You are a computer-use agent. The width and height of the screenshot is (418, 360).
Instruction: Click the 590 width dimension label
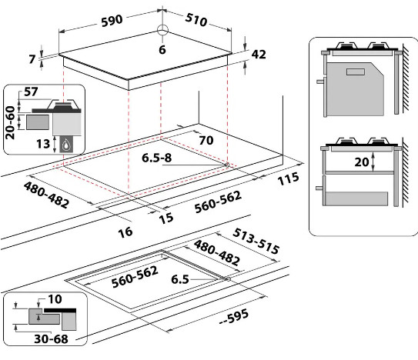tap(112, 21)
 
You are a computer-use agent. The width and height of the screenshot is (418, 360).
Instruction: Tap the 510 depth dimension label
tap(196, 19)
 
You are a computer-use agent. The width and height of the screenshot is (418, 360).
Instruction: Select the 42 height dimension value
tap(259, 55)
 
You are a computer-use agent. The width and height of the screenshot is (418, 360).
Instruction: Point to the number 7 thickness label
tap(32, 59)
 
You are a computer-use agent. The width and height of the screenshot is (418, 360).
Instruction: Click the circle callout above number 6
tap(162, 30)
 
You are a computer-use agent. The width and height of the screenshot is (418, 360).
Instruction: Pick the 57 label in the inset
tap(31, 92)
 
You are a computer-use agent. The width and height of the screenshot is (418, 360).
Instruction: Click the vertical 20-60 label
tap(10, 122)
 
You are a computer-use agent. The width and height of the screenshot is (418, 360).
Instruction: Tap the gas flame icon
tap(66, 145)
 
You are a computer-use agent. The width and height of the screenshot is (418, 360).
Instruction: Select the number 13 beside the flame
tap(43, 144)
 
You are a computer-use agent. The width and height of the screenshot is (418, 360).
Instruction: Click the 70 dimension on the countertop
tap(206, 140)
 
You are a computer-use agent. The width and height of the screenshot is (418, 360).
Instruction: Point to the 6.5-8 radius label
tap(157, 158)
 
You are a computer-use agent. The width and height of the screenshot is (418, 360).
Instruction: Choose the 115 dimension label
tap(288, 178)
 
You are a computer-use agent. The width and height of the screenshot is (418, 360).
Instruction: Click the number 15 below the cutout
tap(166, 218)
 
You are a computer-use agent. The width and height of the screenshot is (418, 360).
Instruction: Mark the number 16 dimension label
tap(125, 232)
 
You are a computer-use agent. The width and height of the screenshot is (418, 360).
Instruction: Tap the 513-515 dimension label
tap(256, 242)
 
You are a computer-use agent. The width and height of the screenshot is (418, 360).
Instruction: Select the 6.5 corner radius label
tap(180, 279)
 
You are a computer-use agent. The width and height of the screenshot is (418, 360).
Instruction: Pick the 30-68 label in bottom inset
tap(51, 339)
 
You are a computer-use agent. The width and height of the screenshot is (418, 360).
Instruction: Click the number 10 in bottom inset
tap(55, 299)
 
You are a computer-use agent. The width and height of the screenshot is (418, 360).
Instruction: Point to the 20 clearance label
tap(362, 162)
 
